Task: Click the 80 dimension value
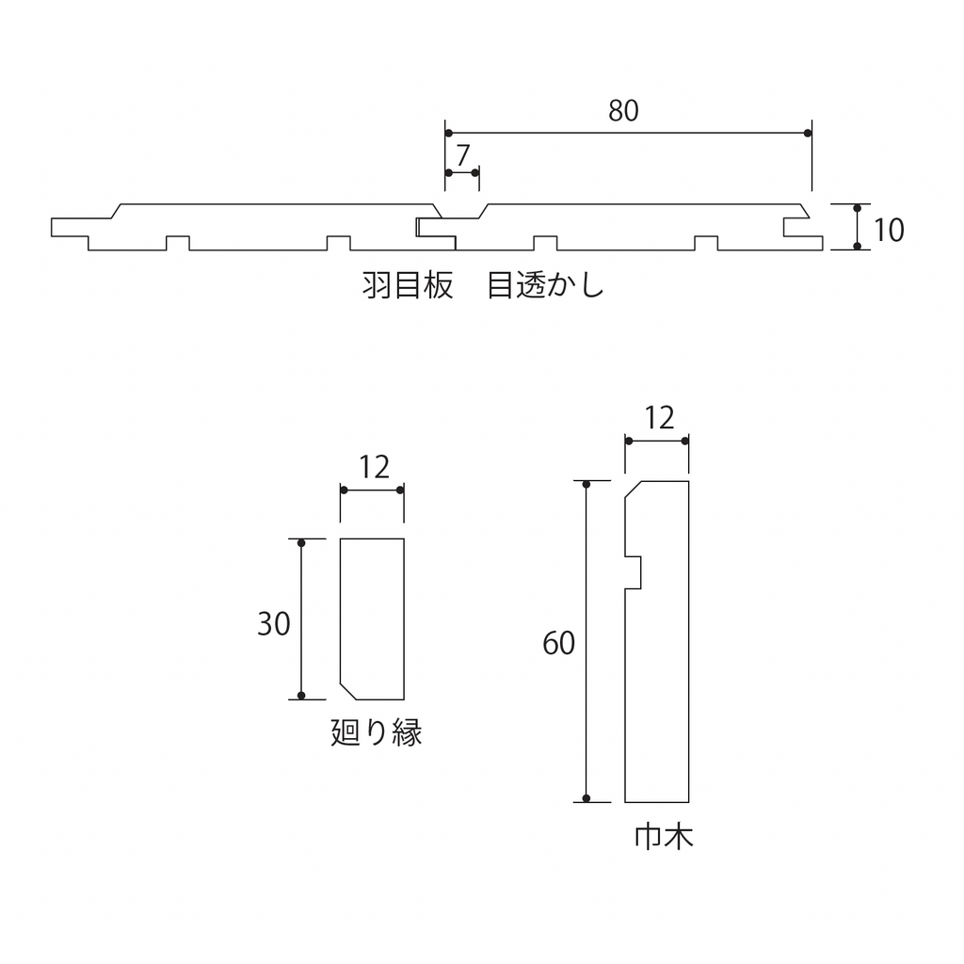pos(623,111)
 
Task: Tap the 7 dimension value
pos(463,155)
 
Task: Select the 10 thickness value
pos(889,230)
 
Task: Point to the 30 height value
pos(274,624)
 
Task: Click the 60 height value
pos(558,643)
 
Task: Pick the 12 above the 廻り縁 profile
pos(374,468)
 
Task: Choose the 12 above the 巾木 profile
pos(659,419)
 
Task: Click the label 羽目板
pos(408,286)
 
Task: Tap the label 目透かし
pos(545,286)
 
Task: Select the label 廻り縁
pos(377,732)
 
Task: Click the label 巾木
pos(664,837)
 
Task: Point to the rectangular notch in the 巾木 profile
pos(634,573)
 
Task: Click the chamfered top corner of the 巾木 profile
pos(634,490)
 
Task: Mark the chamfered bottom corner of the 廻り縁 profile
pos(348,691)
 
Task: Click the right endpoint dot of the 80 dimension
pos(808,134)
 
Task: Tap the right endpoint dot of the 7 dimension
pos(474,173)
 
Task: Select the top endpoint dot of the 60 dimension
pos(586,485)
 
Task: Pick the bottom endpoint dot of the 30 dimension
pos(301,696)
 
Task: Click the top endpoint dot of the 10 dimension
pos(858,208)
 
